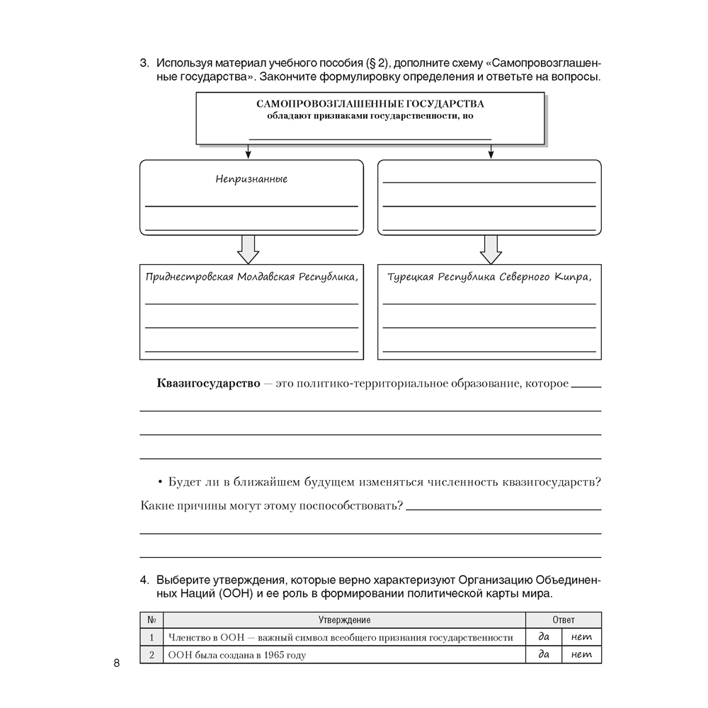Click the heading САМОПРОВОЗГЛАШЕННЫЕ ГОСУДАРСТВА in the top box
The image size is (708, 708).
[370, 103]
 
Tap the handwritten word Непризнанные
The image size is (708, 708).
[251, 179]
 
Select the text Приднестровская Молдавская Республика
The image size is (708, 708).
[251, 276]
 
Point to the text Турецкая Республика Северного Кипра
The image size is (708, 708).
[489, 276]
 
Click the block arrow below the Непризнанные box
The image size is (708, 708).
[248, 249]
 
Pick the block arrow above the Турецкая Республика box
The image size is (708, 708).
[490, 249]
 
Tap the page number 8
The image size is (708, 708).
[116, 663]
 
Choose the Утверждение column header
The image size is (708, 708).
[344, 619]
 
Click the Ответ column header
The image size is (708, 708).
[564, 619]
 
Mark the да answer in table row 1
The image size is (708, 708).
[544, 636]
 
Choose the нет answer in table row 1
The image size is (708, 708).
[581, 636]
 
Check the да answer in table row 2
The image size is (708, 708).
[544, 654]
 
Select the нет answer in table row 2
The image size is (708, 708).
[581, 654]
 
